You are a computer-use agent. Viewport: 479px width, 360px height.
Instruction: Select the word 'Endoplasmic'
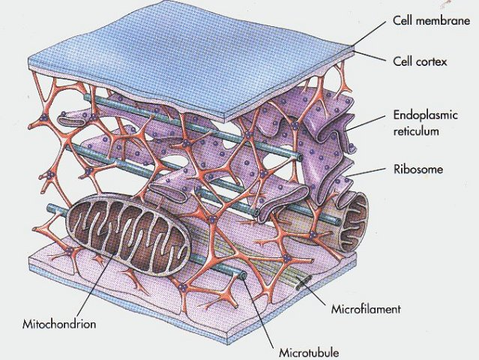click(424, 117)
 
